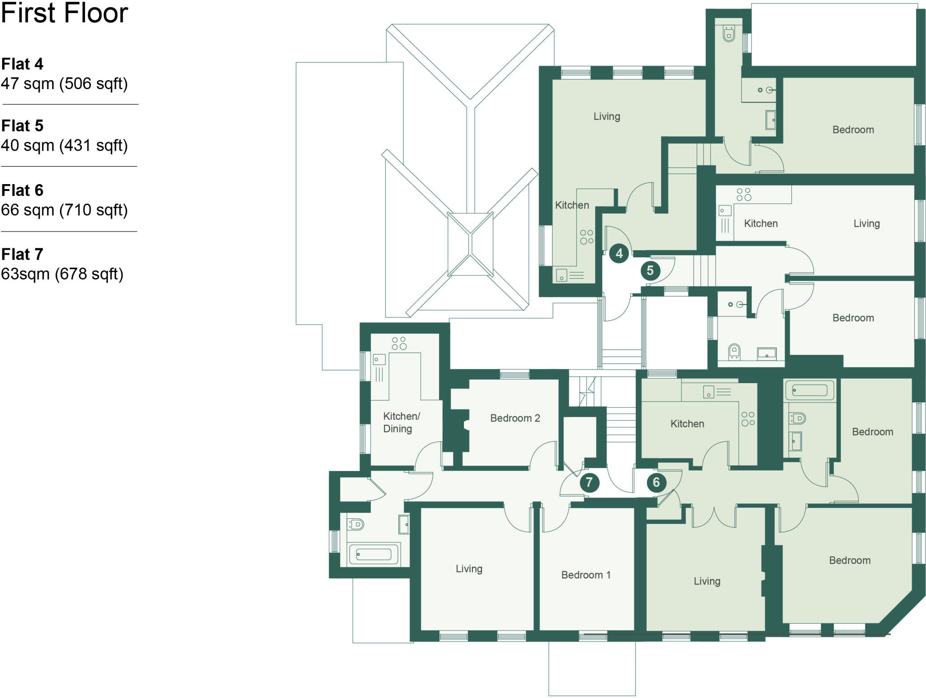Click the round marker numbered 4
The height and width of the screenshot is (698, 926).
point(619,253)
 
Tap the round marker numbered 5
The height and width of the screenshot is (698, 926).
point(650,271)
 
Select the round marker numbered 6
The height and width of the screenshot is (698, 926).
point(656,482)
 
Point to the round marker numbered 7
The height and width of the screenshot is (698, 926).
point(589,482)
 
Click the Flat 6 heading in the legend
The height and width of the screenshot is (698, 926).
point(22,190)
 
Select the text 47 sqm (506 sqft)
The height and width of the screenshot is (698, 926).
point(64,84)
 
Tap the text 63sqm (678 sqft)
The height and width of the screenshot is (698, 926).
point(62,274)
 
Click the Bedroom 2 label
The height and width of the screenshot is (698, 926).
point(515,418)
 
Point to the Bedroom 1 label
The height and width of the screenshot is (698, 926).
point(586,575)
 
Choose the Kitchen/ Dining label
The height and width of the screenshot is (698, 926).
point(401,422)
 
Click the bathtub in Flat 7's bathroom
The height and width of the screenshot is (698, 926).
point(373,554)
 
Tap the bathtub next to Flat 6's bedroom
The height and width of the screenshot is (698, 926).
point(809,390)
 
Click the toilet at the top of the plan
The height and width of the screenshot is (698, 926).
point(729,34)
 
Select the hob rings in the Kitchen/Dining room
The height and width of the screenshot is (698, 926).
point(399,343)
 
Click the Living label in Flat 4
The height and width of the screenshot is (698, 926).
point(606,116)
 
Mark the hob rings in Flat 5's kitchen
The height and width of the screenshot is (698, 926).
point(743,195)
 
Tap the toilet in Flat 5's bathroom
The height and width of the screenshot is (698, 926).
point(734,351)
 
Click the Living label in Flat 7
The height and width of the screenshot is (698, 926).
point(469,569)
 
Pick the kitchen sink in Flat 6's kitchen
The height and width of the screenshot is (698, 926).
point(709,392)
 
